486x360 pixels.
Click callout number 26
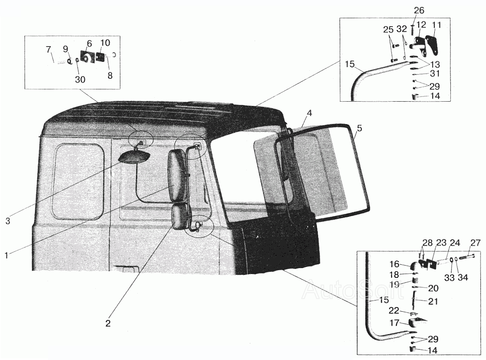coord(419,11)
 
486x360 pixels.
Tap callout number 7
coord(48,50)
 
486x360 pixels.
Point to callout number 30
coord(80,80)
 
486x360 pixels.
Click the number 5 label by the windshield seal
coord(359,128)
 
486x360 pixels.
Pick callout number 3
coord(8,221)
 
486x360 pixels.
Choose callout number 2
coord(108,323)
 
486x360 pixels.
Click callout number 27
coord(475,243)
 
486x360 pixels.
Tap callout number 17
coord(394,323)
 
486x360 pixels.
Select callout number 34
coord(462,277)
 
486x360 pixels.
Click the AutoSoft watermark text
coord(353,289)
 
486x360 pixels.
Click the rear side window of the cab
coord(78,181)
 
